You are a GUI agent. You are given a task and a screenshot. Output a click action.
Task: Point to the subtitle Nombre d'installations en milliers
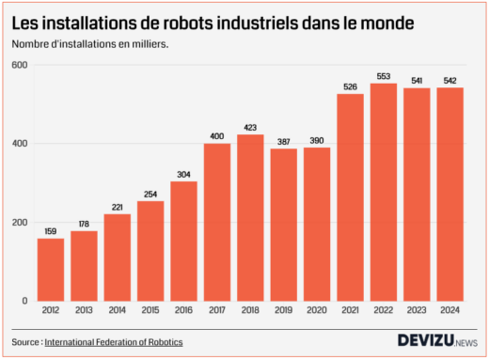[90, 43]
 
